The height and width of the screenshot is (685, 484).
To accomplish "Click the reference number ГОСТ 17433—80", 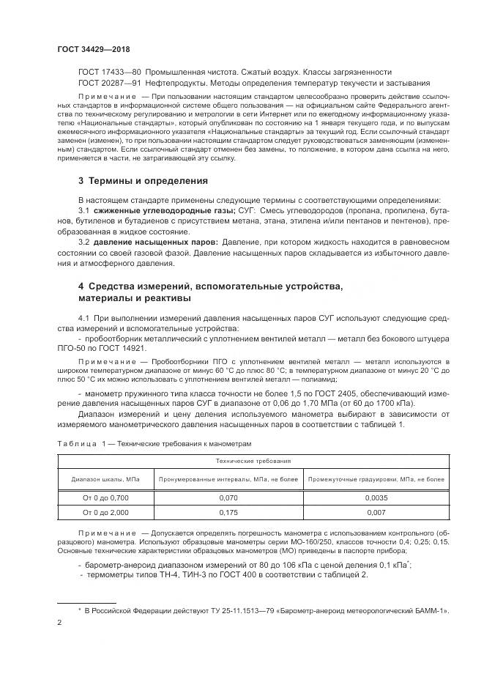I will click(x=109, y=72).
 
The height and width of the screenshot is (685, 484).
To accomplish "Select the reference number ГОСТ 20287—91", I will click(x=109, y=84).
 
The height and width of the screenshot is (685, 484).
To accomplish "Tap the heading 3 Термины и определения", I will click(x=143, y=181).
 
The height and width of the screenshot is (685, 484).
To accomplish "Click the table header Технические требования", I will click(x=254, y=462).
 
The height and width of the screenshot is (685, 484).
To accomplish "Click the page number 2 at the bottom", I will click(x=59, y=623).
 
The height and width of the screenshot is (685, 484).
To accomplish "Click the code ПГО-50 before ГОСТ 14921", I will click(x=73, y=349).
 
